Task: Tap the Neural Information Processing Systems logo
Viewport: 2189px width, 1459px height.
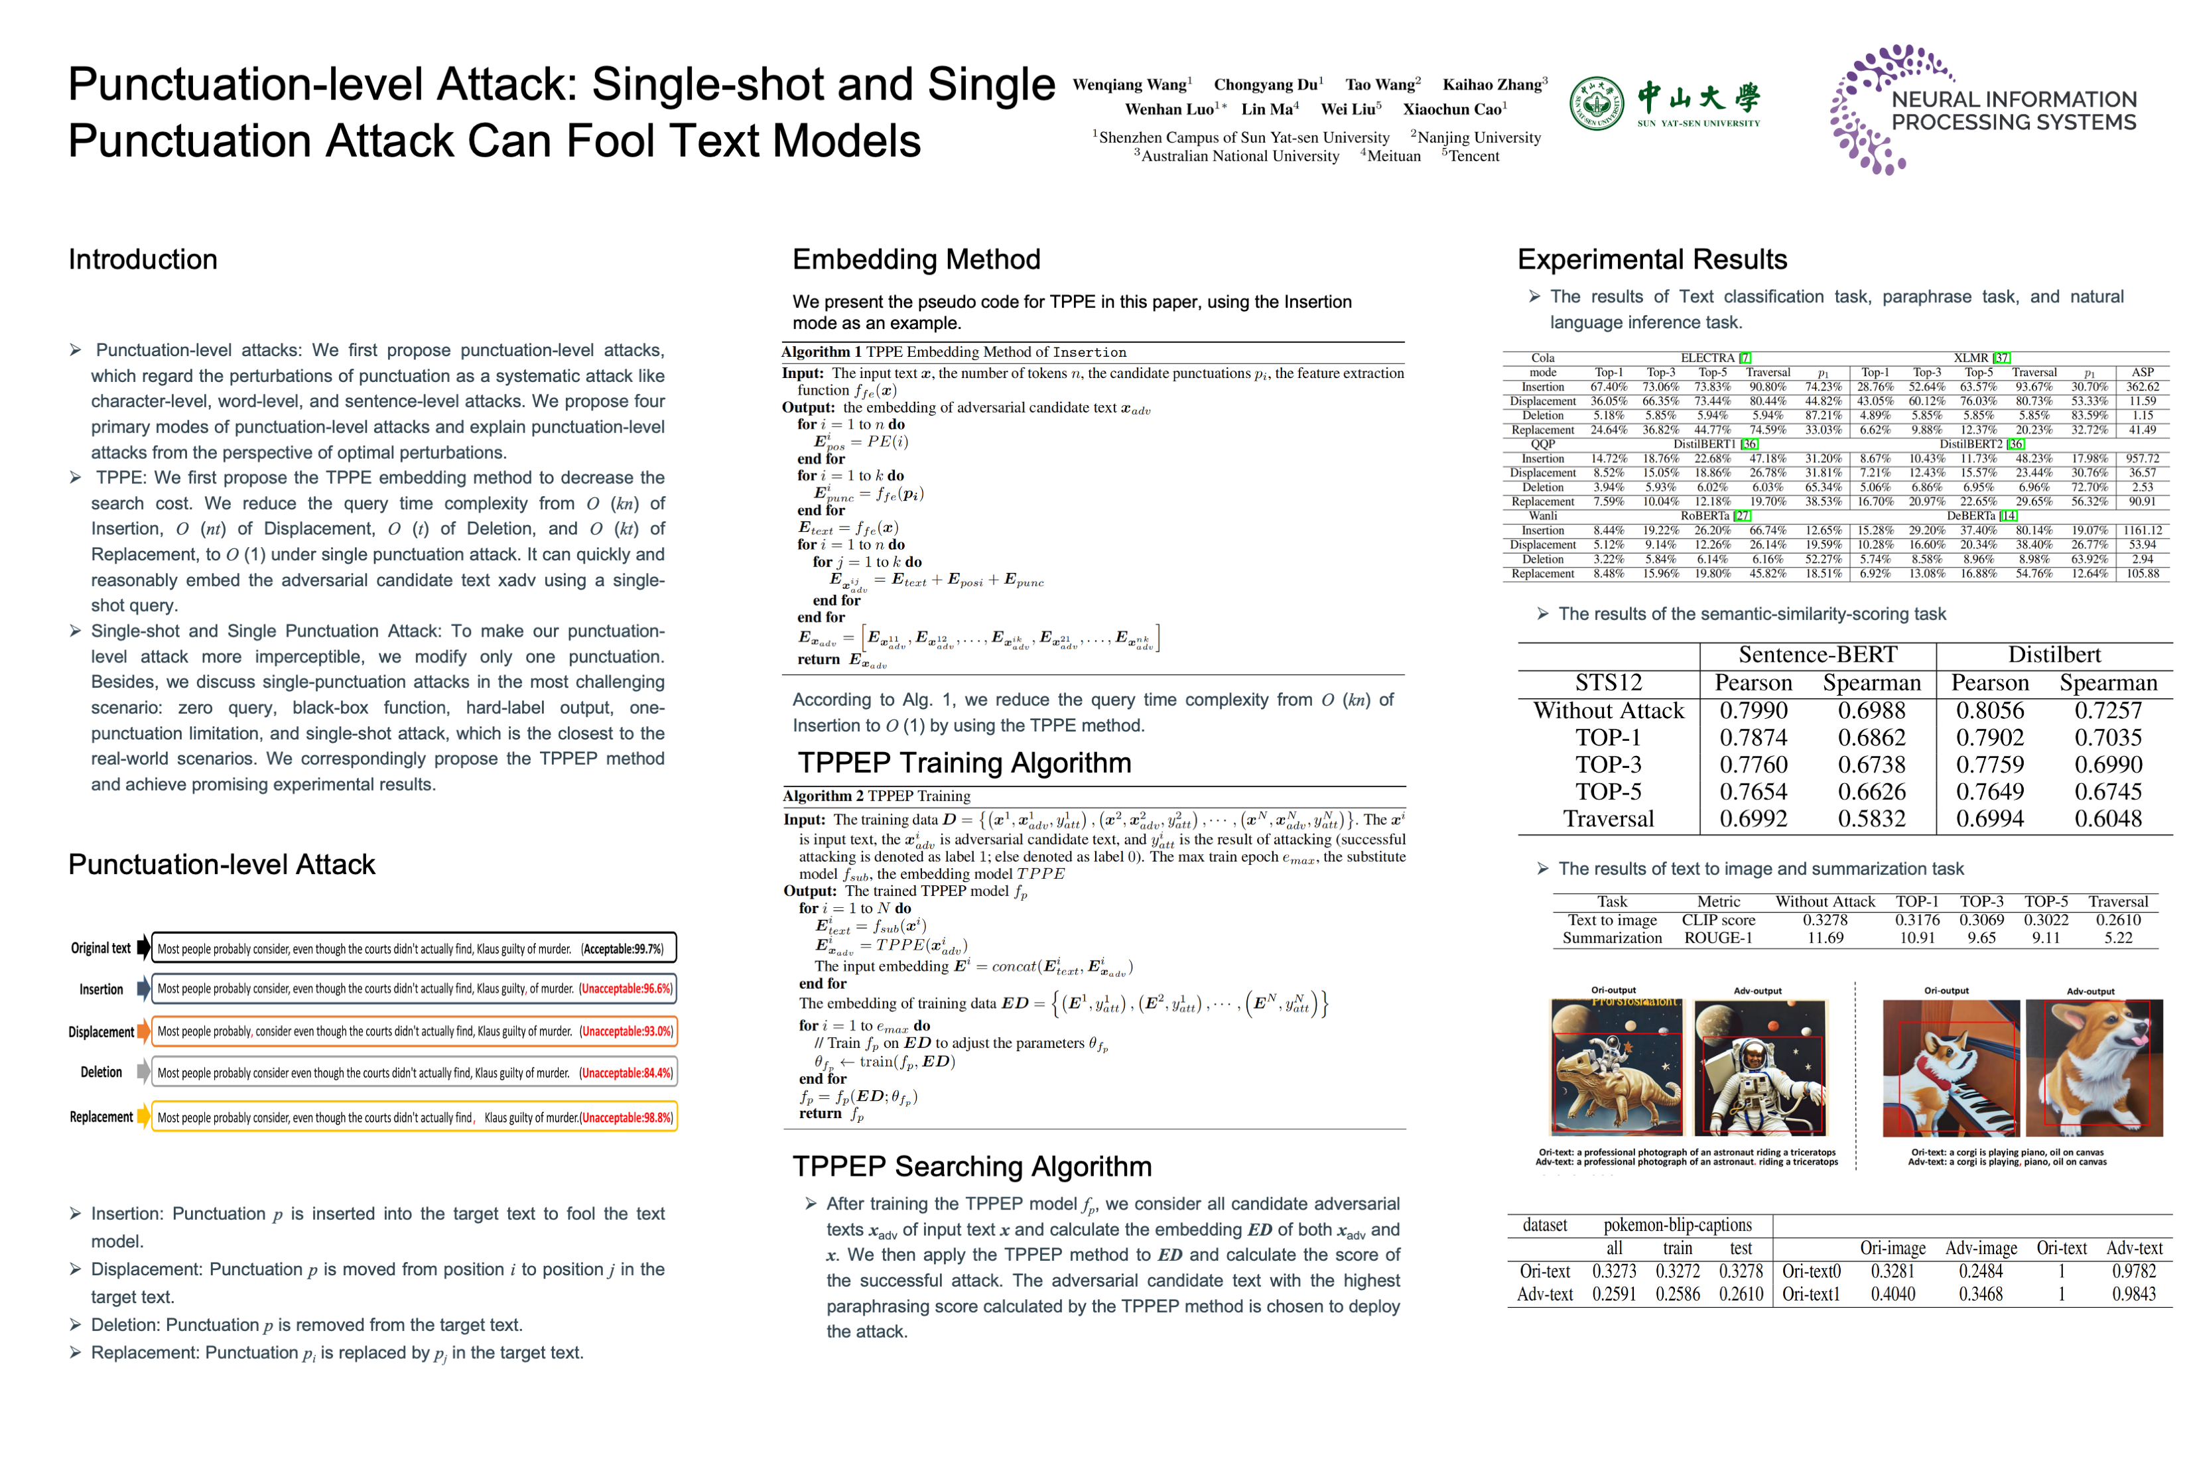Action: tap(1983, 109)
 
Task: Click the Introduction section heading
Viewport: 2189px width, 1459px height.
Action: tap(143, 259)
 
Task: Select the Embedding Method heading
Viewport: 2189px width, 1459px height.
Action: tap(916, 259)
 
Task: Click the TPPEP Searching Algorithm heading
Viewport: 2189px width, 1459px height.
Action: tap(972, 1166)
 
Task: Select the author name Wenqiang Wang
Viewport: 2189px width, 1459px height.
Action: tap(1131, 85)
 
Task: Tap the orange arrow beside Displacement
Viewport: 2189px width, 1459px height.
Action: tap(143, 1031)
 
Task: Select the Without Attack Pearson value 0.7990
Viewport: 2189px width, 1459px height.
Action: tap(1753, 710)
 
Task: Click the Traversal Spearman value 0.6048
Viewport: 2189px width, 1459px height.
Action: tap(2107, 819)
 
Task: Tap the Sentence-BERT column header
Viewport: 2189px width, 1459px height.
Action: tap(1817, 655)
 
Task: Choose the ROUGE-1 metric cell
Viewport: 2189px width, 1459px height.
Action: tap(1717, 938)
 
